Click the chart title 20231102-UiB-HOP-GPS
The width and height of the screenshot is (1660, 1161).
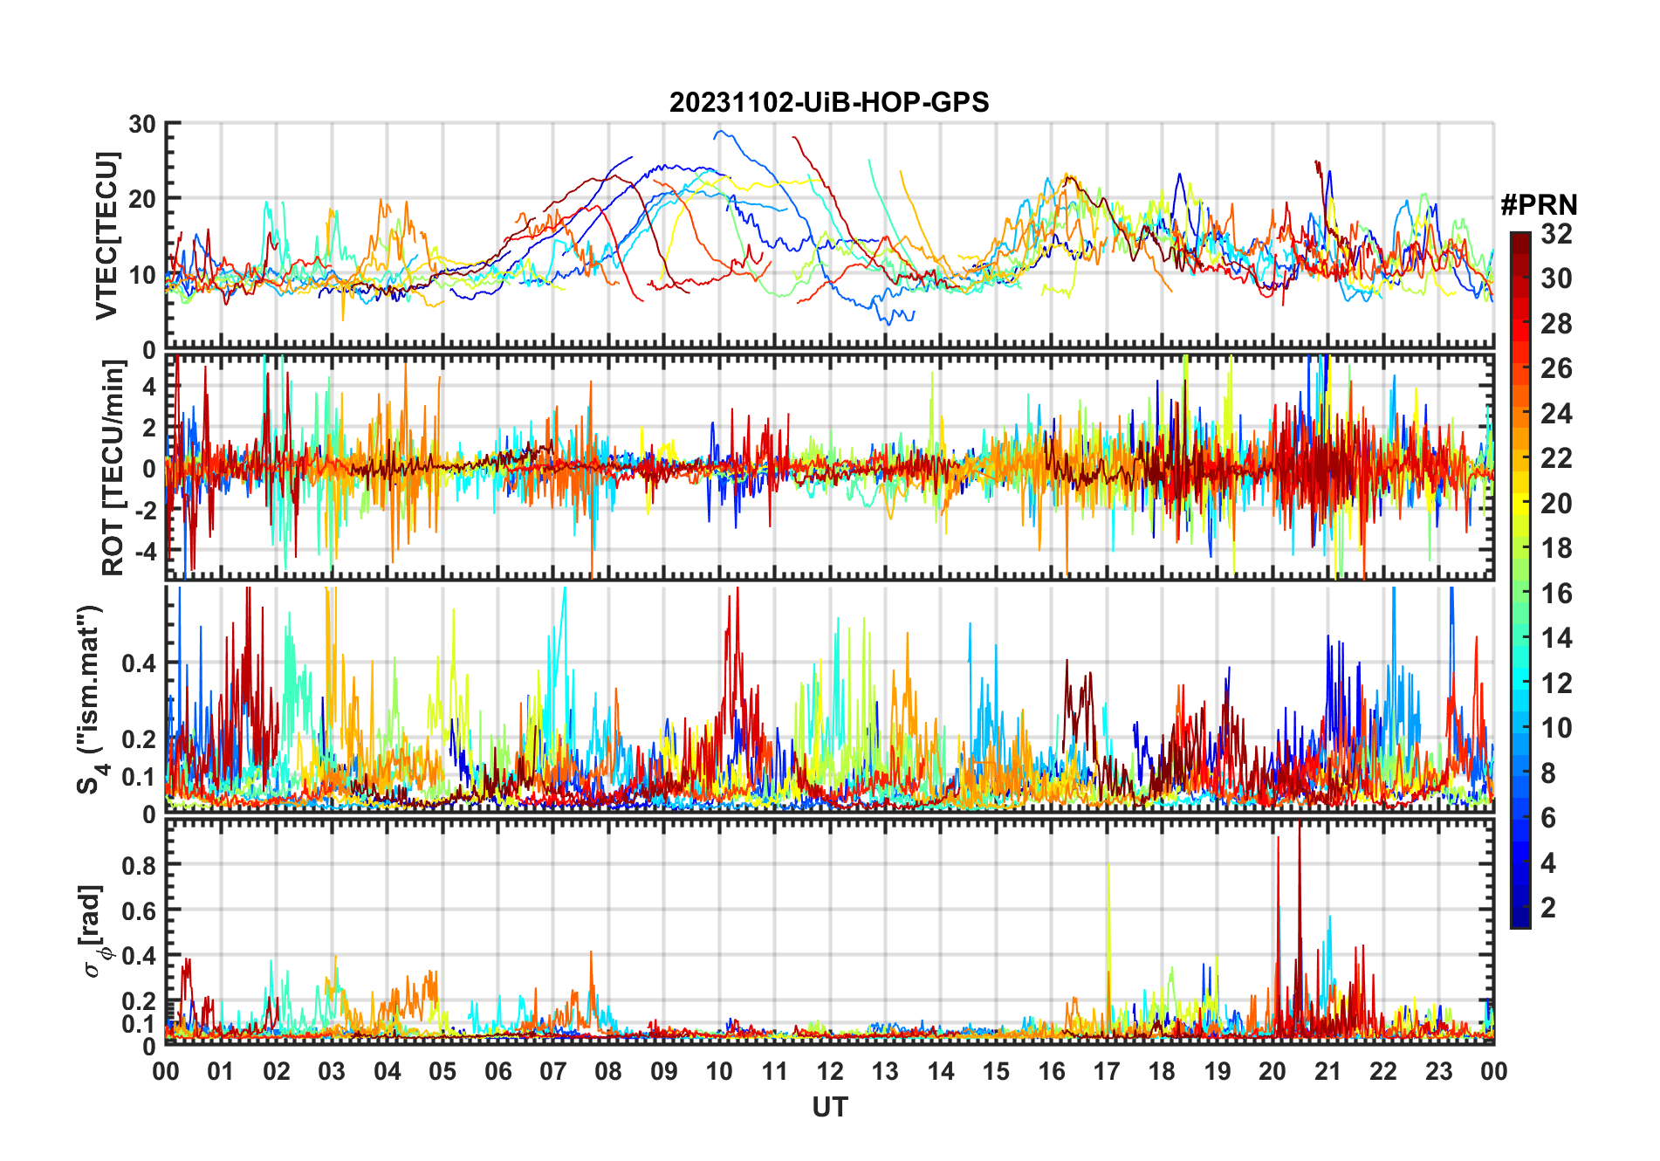pos(829,103)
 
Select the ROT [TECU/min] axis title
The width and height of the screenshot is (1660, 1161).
pos(113,468)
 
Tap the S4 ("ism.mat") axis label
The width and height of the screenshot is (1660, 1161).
pos(91,699)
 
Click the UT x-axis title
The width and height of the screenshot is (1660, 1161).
pos(829,1108)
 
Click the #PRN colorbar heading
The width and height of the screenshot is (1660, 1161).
pos(1539,205)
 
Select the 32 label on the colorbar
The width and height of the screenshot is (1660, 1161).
pos(1556,234)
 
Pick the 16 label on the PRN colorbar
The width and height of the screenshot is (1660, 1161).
pos(1556,594)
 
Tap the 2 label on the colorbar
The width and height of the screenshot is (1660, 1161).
pos(1548,908)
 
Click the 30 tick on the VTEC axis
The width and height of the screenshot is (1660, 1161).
pos(142,125)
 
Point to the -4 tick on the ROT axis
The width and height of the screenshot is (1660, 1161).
pos(147,552)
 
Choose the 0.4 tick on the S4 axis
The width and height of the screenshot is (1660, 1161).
pos(139,663)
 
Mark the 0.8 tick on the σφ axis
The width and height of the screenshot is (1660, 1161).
pos(139,865)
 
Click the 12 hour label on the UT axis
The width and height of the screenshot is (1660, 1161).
pos(829,1072)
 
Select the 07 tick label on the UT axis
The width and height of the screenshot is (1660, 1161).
pos(552,1072)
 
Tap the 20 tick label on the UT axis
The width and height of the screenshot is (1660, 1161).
pos(1272,1072)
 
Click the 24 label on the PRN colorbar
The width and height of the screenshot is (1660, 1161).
pos(1556,414)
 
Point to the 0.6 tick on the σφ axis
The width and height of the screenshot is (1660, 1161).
pos(139,910)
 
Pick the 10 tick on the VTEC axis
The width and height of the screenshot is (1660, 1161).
pos(142,275)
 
